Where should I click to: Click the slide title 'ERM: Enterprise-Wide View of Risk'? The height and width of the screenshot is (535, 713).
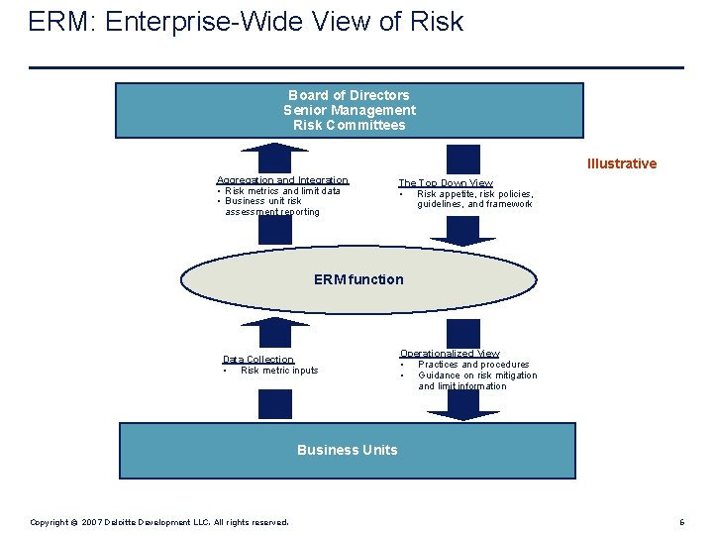pos(246,22)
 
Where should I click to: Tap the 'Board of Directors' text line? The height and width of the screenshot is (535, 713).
pos(349,95)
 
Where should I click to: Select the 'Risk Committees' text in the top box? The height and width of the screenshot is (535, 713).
pos(349,125)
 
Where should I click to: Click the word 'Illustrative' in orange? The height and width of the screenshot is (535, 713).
pos(621,163)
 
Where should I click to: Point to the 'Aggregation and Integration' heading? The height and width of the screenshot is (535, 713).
pos(282,180)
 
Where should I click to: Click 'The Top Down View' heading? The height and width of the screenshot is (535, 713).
pos(445,183)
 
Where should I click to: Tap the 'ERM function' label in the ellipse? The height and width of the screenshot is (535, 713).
pos(358,279)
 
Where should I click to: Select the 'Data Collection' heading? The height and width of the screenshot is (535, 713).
pos(257,360)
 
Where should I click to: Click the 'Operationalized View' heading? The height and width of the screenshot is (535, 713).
pos(449,354)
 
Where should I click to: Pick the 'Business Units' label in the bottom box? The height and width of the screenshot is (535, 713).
pos(347,450)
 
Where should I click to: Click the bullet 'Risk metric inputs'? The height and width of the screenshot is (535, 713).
pos(279,371)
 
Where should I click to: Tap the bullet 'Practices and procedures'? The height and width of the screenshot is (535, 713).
pos(473,365)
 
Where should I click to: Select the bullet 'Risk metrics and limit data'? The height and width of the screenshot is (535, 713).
pos(282,191)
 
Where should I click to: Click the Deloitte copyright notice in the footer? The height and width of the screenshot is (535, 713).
pos(158,522)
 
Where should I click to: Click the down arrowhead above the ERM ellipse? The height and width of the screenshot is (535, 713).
pos(463,239)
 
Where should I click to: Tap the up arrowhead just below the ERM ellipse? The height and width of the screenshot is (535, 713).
pos(275,322)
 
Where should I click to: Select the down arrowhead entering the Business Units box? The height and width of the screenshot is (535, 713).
pos(463,415)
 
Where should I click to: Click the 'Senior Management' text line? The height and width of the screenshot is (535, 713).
pos(349,110)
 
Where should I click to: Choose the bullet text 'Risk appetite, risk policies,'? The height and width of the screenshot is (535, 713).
pos(474,194)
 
